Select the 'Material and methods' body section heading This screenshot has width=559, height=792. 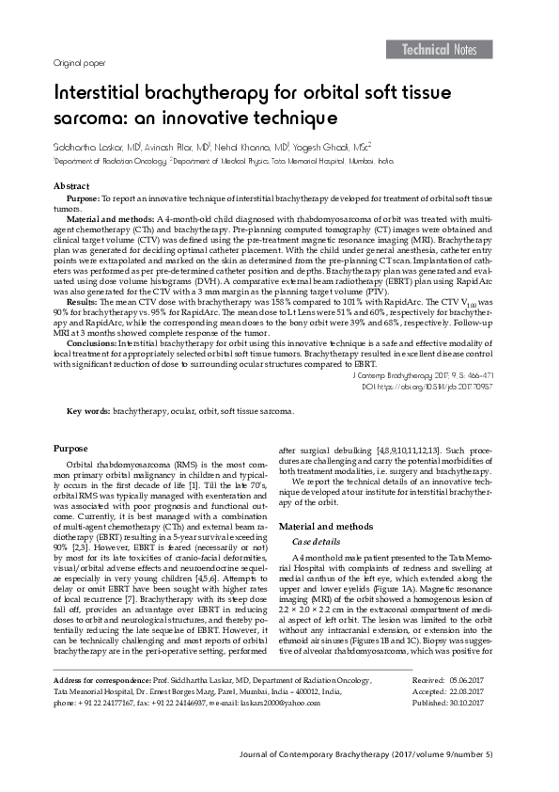coord(327,526)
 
